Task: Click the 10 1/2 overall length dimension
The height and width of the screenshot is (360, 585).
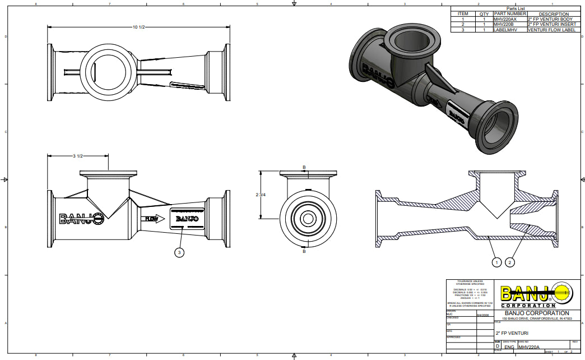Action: click(138, 27)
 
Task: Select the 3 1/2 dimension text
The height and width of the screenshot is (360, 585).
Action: click(78, 156)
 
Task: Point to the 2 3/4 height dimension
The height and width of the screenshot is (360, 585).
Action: click(261, 195)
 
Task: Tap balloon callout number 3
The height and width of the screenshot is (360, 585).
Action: click(179, 253)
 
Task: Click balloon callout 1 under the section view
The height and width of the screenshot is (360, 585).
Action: click(496, 262)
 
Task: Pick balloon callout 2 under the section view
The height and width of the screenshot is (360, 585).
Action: click(510, 262)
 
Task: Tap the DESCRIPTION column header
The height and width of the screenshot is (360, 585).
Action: click(553, 14)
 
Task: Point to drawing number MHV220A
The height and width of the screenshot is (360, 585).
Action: click(531, 347)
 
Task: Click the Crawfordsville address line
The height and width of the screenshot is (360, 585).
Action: click(537, 319)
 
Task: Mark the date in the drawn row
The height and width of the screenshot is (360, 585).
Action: click(482, 315)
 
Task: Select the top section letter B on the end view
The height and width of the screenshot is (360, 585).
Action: click(304, 167)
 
